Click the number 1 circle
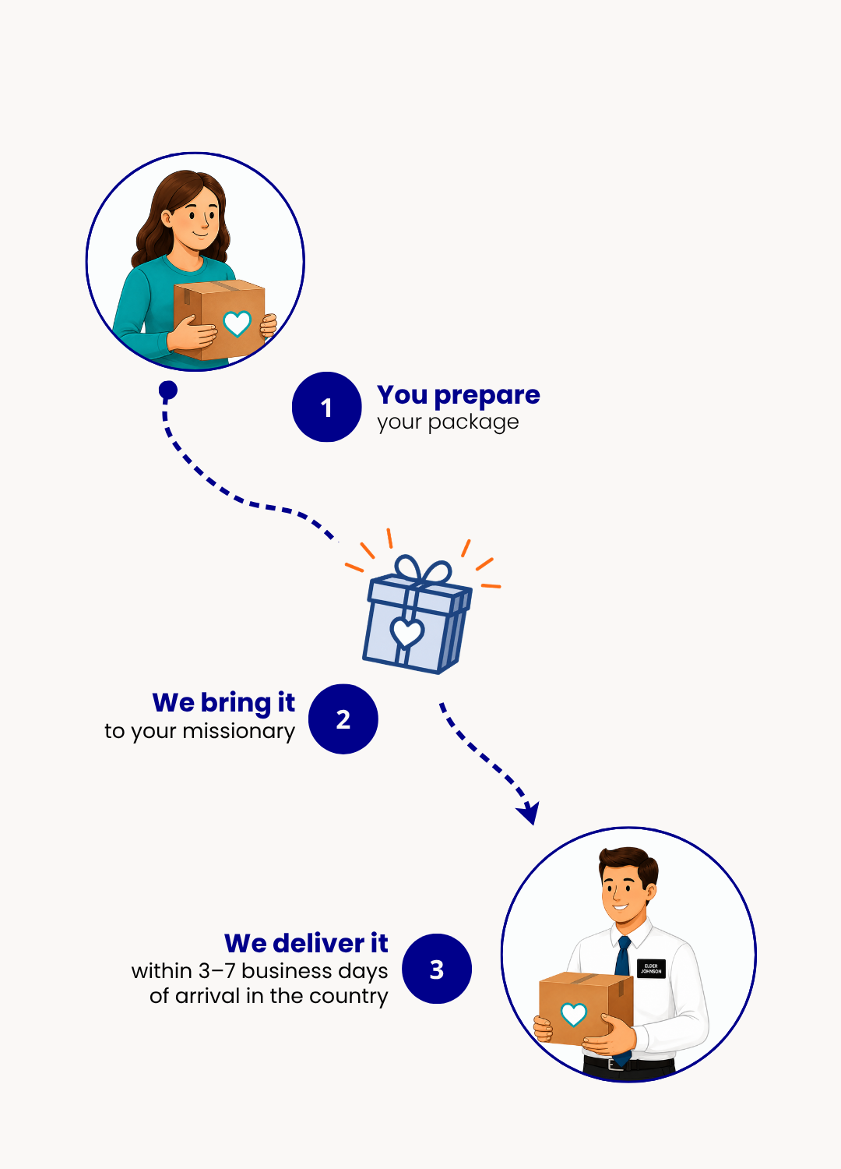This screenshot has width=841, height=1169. click(326, 407)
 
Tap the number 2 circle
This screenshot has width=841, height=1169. click(343, 719)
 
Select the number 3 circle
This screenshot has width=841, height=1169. click(436, 969)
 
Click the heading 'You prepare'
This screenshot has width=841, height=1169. click(459, 396)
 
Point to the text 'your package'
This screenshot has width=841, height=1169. click(448, 422)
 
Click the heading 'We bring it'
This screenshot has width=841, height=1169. click(223, 704)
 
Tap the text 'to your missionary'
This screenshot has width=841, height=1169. click(199, 732)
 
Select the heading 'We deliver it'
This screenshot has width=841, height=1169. click(306, 944)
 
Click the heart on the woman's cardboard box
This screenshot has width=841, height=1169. click(238, 323)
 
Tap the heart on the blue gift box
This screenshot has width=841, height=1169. click(407, 632)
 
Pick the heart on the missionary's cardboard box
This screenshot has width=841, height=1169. click(574, 1014)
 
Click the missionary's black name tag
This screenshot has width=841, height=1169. click(651, 969)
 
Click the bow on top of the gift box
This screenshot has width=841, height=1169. click(423, 570)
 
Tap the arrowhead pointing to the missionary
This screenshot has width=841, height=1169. click(529, 813)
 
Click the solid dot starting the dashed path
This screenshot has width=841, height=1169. click(168, 390)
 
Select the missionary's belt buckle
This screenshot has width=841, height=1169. click(615, 1064)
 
